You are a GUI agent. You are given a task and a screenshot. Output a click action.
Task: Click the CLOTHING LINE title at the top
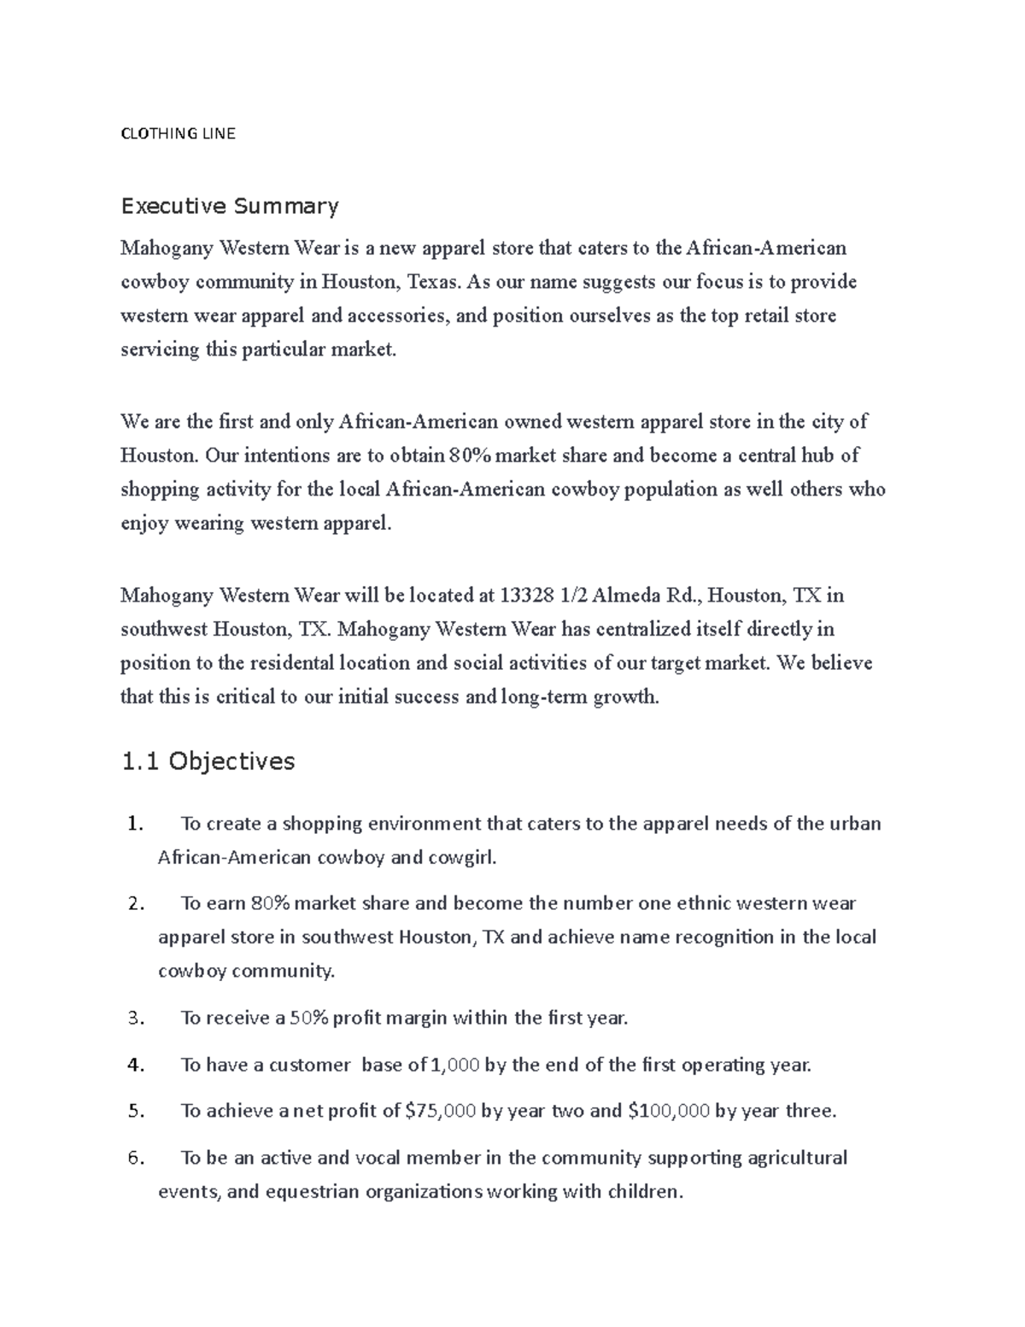(x=178, y=133)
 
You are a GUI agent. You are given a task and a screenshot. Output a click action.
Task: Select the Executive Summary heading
(x=230, y=206)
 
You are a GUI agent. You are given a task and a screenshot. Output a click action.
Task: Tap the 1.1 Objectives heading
(x=208, y=761)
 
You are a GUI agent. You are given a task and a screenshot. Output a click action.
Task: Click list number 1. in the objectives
(x=135, y=824)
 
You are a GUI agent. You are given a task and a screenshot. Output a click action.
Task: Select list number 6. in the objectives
(x=136, y=1158)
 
